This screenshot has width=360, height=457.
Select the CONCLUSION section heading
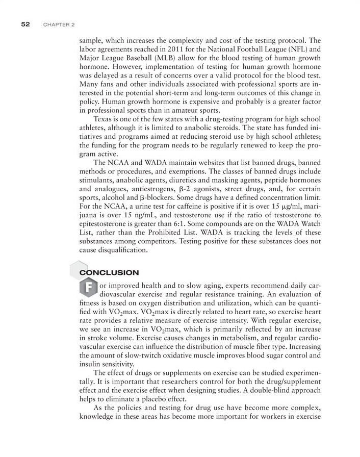[x=109, y=273]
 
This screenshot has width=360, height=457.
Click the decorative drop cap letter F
[x=88, y=288]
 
